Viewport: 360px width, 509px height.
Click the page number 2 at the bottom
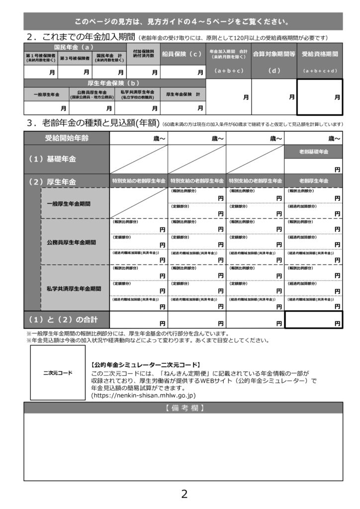tap(184, 494)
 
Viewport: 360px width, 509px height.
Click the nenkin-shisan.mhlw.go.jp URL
tap(144, 395)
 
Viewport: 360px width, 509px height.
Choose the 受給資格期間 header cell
tap(320, 54)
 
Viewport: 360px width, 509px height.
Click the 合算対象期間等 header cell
tap(274, 54)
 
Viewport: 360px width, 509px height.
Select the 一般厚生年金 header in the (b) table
tap(46, 94)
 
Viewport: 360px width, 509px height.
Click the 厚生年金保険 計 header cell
tap(182, 94)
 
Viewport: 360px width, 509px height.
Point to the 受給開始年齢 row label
tap(67, 138)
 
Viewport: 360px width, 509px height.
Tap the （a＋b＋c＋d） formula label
tap(320, 71)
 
